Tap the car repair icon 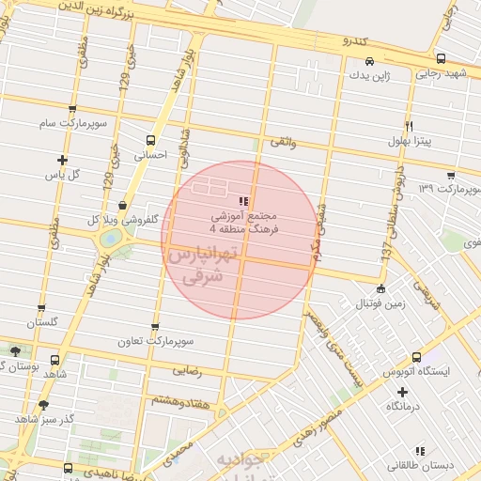(370, 61)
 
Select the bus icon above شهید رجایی (441, 59)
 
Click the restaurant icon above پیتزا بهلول (409, 126)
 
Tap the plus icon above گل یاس (63, 160)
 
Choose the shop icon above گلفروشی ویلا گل (123, 206)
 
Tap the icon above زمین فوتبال (380, 288)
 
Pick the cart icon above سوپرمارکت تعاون (155, 327)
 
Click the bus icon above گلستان (40, 307)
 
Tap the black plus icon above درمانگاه (403, 391)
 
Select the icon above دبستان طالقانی (419, 451)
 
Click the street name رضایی (185, 371)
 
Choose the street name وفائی (283, 142)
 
